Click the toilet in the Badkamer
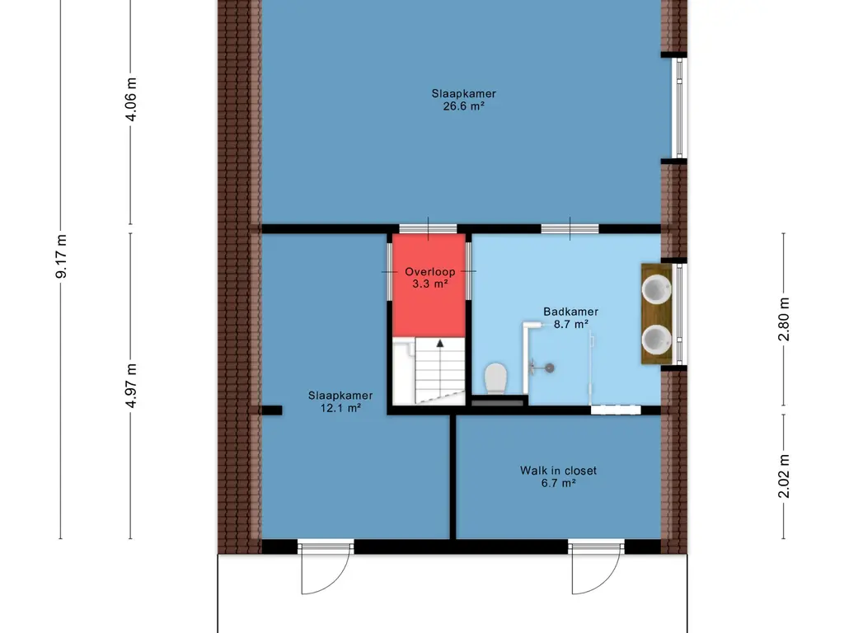[495, 377]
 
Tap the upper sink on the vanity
[657, 288]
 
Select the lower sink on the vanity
[657, 339]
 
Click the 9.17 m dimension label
[61, 256]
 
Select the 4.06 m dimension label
[131, 99]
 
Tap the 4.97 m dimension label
[131, 386]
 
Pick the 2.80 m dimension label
[785, 319]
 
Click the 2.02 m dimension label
[785, 476]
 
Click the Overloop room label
[430, 272]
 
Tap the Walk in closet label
[558, 471]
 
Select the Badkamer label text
[570, 311]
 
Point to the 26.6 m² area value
[463, 106]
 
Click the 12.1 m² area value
[340, 408]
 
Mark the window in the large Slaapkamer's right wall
[679, 108]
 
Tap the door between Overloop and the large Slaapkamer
[428, 229]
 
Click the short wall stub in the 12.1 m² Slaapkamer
[272, 410]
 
